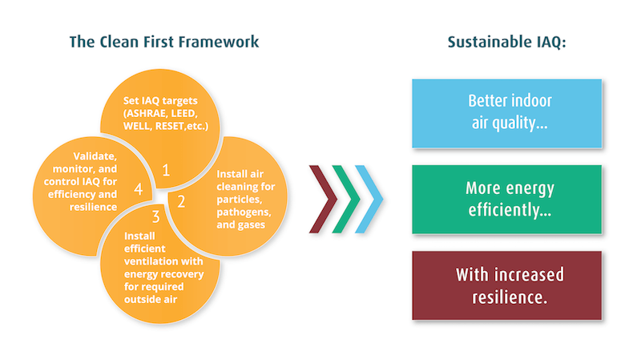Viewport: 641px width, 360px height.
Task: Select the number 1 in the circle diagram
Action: point(166,169)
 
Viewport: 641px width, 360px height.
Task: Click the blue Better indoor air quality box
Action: point(506,113)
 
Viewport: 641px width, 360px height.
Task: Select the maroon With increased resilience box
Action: point(506,285)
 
